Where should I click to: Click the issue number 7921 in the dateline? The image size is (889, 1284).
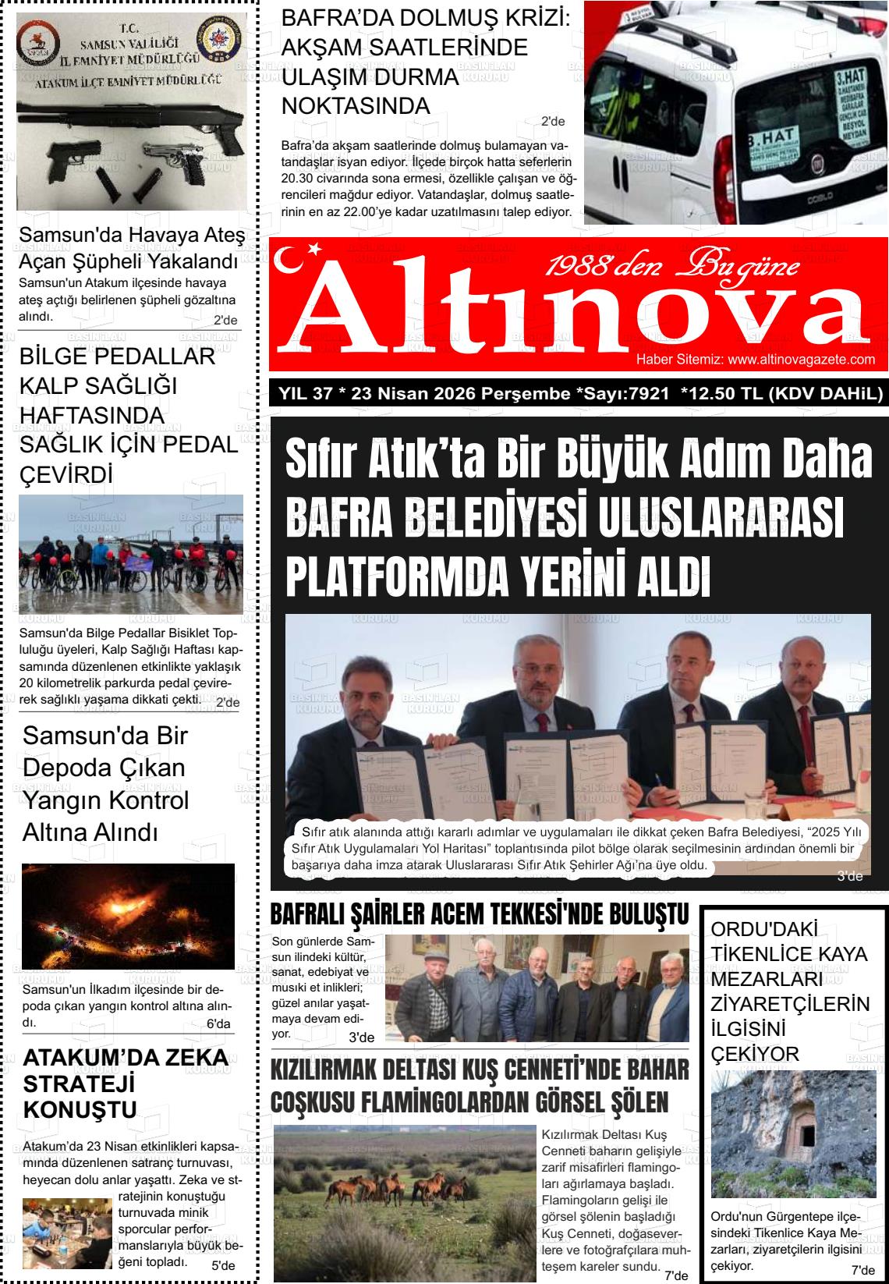648,394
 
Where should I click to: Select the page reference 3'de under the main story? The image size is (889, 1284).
849,877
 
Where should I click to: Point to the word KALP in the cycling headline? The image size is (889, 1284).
49,386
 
